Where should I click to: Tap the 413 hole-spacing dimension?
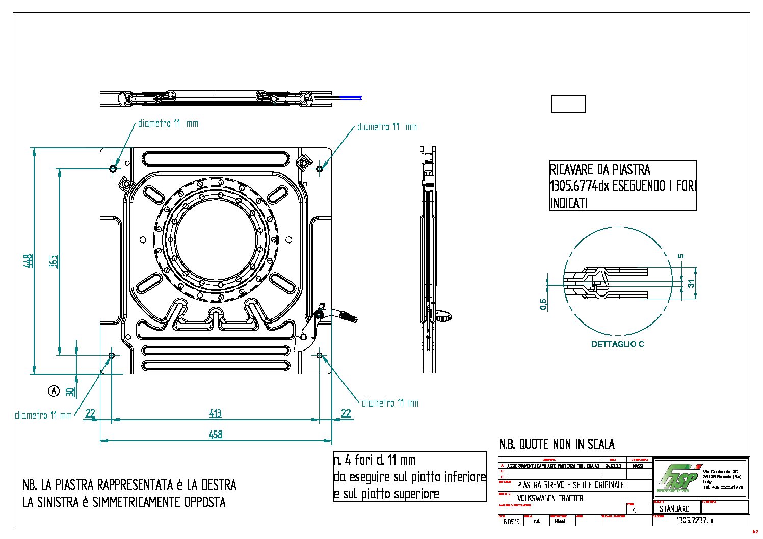tap(216, 413)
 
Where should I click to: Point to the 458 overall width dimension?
tap(216, 435)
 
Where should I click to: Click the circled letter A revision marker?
tap(54, 391)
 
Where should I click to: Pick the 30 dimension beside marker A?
tap(70, 391)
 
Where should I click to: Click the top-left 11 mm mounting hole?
tap(113, 168)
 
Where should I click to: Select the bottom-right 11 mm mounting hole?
tap(320, 355)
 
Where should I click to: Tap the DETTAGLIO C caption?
tap(617, 344)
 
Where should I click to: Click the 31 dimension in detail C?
tap(692, 284)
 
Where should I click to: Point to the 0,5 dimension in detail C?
tap(543, 304)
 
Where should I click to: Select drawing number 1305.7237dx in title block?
tap(694, 521)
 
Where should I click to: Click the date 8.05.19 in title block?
tap(511, 522)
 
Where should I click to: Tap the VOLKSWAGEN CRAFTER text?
tap(550, 498)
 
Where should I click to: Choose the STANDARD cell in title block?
tap(674, 509)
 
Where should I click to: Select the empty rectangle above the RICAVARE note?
tap(568, 104)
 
